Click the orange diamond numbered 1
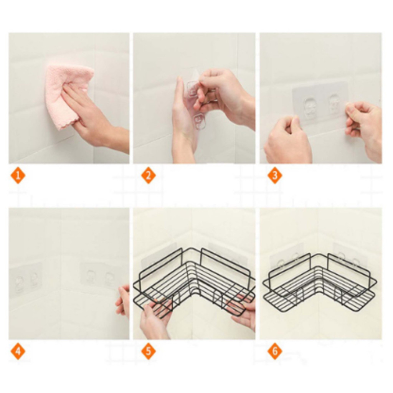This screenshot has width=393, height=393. (x=18, y=175)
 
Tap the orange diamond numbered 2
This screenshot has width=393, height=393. (x=149, y=175)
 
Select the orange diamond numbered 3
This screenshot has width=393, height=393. (x=275, y=175)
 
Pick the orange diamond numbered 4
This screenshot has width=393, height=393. (x=18, y=351)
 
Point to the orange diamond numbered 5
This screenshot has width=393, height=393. (x=149, y=351)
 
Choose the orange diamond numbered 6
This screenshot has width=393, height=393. (x=275, y=351)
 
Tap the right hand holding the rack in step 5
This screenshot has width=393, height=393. (x=243, y=311)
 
